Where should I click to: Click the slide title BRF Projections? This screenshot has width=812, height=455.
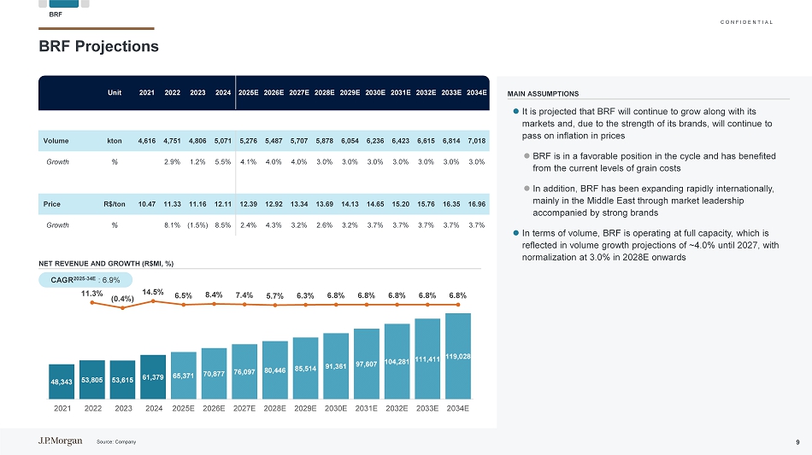click(x=98, y=46)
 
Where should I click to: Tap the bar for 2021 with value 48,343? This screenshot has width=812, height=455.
click(x=62, y=382)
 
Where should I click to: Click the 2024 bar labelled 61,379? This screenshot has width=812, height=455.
click(x=153, y=377)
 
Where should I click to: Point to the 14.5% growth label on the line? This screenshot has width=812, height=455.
click(x=152, y=292)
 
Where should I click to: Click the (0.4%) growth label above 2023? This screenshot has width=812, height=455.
click(x=122, y=299)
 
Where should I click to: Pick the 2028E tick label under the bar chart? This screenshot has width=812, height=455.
click(x=275, y=409)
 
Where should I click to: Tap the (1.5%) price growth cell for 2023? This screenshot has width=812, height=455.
click(x=197, y=225)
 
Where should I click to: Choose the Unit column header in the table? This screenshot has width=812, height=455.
click(x=114, y=92)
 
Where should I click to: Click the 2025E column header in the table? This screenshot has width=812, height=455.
click(x=249, y=92)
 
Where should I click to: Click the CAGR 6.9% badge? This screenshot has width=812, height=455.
click(x=85, y=279)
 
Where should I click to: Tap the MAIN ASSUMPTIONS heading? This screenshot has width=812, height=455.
click(x=543, y=94)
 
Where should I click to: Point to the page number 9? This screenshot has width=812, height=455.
click(x=797, y=441)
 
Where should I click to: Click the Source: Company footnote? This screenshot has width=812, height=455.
click(x=116, y=441)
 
